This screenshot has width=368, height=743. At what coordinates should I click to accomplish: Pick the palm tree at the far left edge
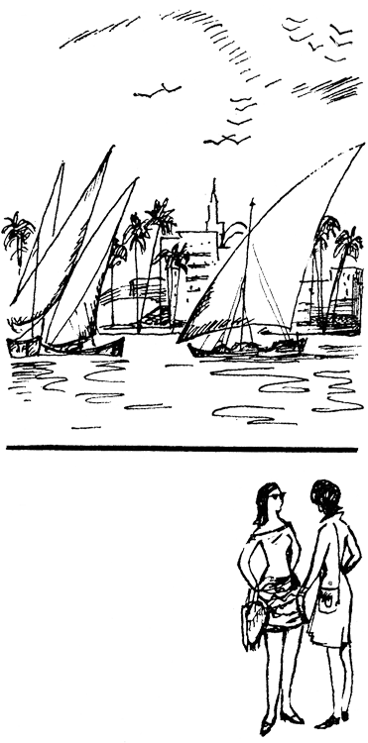(x=16, y=238)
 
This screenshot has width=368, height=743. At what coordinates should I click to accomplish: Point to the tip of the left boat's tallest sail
(x=113, y=149)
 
